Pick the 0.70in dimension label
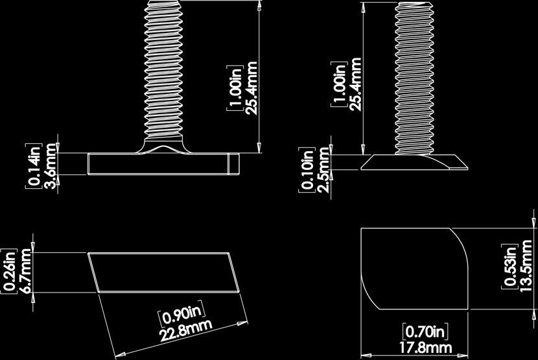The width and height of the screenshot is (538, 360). click(425, 331)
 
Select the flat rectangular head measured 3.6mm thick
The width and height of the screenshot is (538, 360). click(162, 163)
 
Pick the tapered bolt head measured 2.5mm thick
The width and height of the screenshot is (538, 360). click(415, 162)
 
